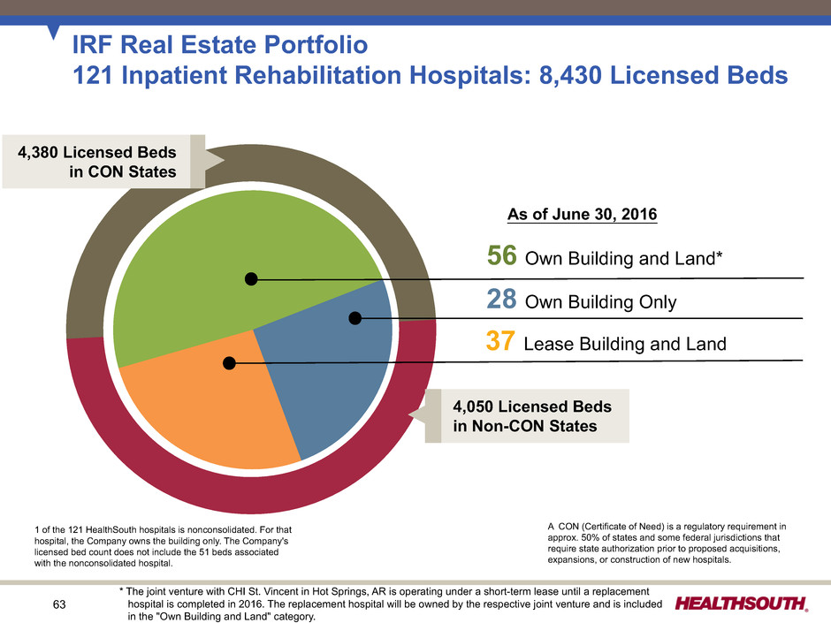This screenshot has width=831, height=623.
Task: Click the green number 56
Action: (503, 258)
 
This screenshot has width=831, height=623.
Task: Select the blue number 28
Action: (502, 301)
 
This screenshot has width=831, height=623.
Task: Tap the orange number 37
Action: (502, 343)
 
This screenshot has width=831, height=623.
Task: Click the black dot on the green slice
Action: (251, 279)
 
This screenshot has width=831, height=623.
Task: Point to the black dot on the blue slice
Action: (355, 318)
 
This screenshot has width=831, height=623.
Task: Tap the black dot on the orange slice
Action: (229, 362)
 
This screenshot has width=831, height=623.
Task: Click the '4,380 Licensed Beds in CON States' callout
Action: (103, 162)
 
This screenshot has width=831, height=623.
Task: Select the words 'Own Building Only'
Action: (601, 303)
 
